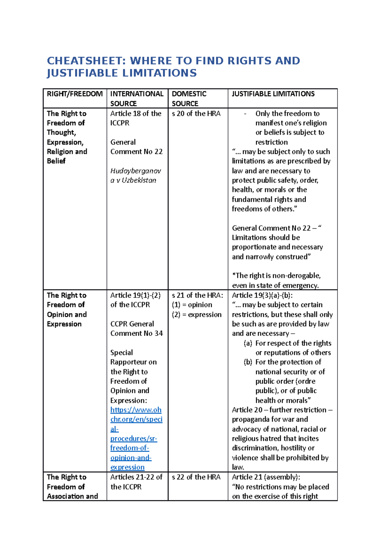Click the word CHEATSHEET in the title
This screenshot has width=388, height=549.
point(86,60)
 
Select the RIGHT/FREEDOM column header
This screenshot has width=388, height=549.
point(75,94)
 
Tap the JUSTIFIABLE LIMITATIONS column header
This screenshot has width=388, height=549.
point(273,94)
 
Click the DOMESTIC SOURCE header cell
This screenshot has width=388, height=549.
point(189,98)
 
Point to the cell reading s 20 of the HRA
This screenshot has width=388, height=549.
point(196,113)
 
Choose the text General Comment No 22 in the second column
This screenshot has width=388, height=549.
point(136,147)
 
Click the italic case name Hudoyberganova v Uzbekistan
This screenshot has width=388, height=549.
point(135,175)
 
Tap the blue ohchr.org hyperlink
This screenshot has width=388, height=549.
point(135,438)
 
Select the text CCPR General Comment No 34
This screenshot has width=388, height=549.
point(136,328)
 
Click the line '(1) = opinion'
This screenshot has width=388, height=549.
point(192,305)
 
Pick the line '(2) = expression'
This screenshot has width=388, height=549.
point(197,314)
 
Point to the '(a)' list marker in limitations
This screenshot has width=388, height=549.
point(248,343)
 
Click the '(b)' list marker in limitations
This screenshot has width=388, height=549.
point(248,362)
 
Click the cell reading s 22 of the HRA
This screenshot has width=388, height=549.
point(196,477)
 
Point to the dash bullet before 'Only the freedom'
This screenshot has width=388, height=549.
point(245,113)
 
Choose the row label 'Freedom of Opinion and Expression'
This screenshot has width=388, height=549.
point(67,309)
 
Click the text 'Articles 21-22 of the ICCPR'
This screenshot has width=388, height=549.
point(136,482)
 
